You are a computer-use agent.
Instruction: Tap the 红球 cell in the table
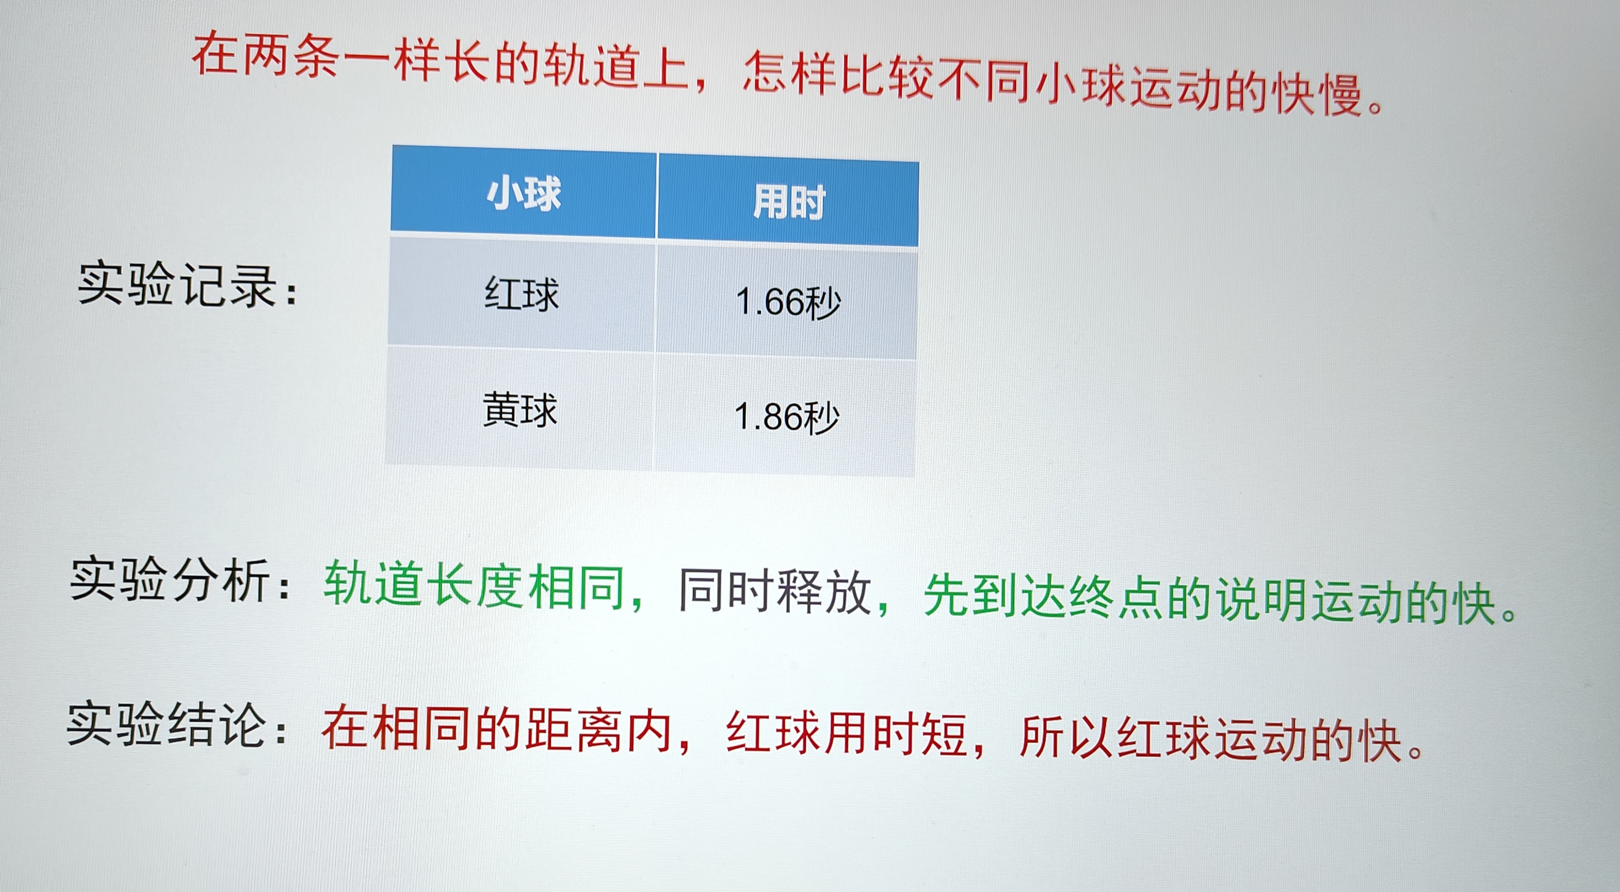[522, 294]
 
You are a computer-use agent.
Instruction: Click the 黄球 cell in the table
[520, 409]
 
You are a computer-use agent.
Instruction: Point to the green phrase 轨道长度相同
[474, 585]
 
